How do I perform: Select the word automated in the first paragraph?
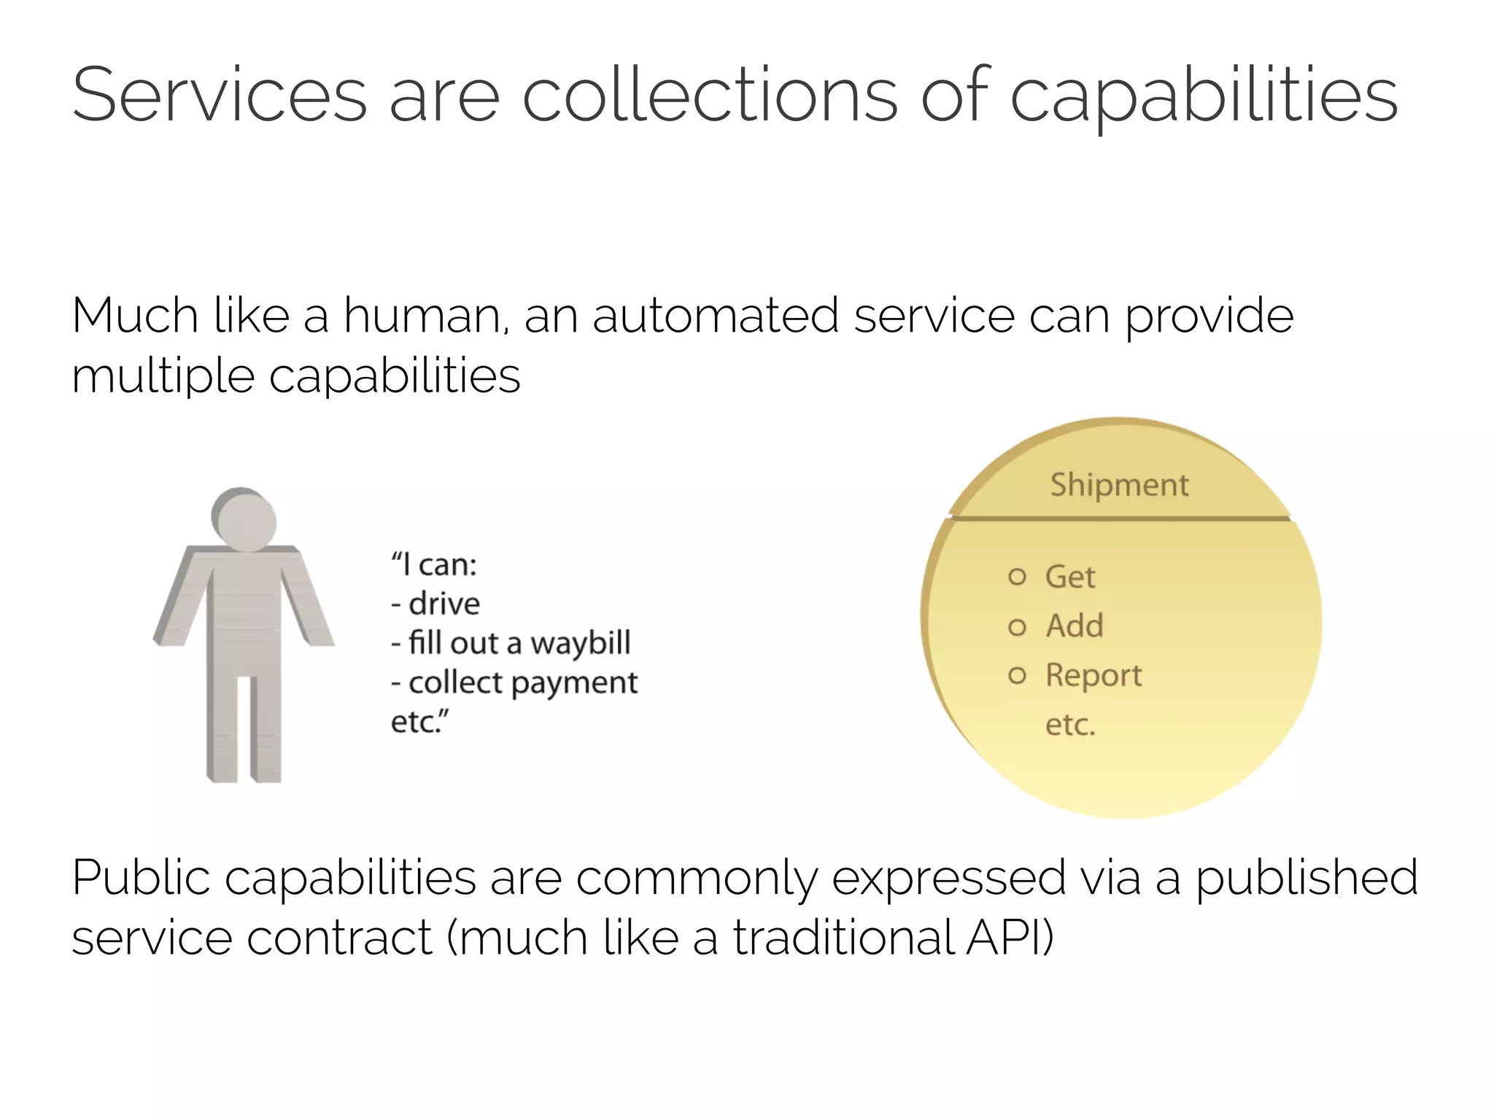[x=715, y=316]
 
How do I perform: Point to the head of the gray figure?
[x=244, y=519]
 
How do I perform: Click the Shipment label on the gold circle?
[x=1119, y=485]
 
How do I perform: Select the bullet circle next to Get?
[x=1017, y=577]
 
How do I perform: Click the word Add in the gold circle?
[x=1074, y=626]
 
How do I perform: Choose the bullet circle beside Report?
[x=1017, y=675]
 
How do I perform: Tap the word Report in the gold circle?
[x=1093, y=675]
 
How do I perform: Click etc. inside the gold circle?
[x=1070, y=725]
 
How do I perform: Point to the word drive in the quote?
[x=444, y=604]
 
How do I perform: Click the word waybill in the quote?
[x=580, y=643]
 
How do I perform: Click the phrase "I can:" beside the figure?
[x=434, y=564]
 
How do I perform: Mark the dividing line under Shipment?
[x=1119, y=518]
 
